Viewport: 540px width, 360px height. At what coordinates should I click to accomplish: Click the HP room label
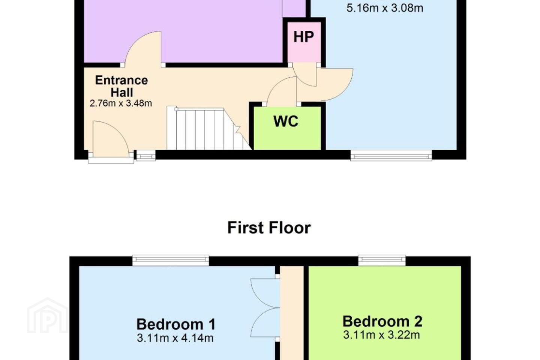coord(303,37)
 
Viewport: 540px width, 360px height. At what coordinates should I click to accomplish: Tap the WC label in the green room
coord(286,121)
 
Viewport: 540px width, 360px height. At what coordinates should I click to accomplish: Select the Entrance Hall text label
coord(122,86)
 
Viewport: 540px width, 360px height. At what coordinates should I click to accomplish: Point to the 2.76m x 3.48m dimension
coord(121,103)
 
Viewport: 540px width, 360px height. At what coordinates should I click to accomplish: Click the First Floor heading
coord(269,228)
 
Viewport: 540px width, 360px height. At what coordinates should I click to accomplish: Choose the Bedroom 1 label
coord(176,324)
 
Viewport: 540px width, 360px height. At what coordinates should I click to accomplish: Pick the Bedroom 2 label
coord(382,321)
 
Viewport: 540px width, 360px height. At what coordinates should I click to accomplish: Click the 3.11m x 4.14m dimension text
coord(175,338)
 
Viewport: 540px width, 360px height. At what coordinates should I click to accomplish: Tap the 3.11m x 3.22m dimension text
coord(382,335)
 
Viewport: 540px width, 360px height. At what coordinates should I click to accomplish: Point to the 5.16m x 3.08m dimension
coord(385,8)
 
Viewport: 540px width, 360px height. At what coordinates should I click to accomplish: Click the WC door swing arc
coord(282,91)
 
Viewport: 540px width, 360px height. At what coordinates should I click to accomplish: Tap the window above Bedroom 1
coord(171,260)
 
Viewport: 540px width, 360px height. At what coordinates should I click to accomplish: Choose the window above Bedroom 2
coord(382,260)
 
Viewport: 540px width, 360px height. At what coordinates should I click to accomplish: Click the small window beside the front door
coord(146,156)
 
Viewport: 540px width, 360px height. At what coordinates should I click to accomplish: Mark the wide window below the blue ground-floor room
coord(391,156)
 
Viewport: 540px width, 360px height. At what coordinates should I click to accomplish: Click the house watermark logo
coord(47,315)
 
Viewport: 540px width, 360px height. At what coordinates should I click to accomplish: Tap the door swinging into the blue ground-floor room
coord(335,84)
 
